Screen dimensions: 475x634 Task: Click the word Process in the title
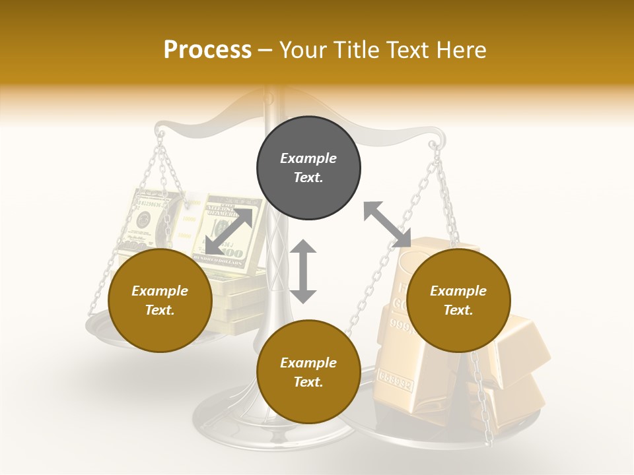tap(207, 49)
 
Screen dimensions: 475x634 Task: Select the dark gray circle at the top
tap(308, 168)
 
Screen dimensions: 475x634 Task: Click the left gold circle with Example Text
tap(160, 300)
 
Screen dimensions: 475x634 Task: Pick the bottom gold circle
tap(308, 372)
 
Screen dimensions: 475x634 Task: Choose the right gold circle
tap(458, 300)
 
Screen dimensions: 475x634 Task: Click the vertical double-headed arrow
tap(303, 271)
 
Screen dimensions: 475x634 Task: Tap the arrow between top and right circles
tap(387, 224)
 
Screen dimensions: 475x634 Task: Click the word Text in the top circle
tap(308, 177)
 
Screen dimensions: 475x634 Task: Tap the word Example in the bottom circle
tap(308, 363)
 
